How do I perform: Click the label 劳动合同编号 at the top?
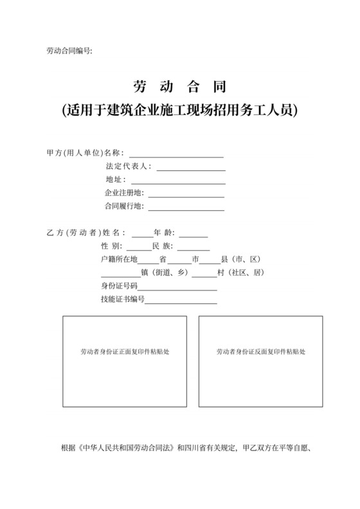tap(70, 51)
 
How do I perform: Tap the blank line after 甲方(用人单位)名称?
tap(176, 154)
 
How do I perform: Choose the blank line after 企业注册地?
tap(186, 194)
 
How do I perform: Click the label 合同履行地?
tap(123, 207)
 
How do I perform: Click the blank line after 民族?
tap(194, 247)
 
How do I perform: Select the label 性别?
tap(111, 247)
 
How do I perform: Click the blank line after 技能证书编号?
tap(181, 301)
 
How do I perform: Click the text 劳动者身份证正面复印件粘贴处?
tap(124, 352)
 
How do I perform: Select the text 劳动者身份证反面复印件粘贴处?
tap(260, 352)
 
